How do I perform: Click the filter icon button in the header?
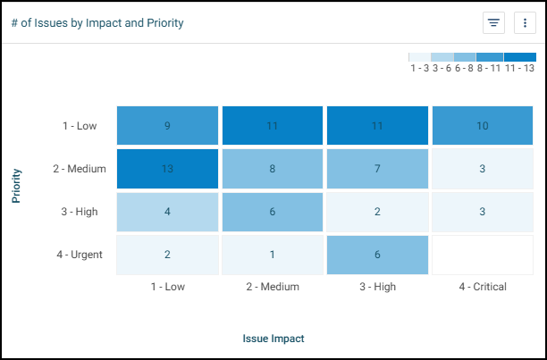pyautogui.click(x=493, y=23)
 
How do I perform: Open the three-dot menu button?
pyautogui.click(x=525, y=23)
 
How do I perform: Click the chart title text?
pyautogui.click(x=97, y=23)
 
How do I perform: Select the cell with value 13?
pyautogui.click(x=167, y=169)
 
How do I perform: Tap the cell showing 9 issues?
pyautogui.click(x=167, y=126)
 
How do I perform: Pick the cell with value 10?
pyautogui.click(x=483, y=126)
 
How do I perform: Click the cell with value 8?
pyautogui.click(x=273, y=169)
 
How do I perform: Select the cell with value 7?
pyautogui.click(x=377, y=169)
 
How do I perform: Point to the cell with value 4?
pyautogui.click(x=167, y=212)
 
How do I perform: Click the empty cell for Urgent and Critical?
pyautogui.click(x=483, y=255)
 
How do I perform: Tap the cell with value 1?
pyautogui.click(x=273, y=255)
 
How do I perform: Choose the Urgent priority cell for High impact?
pyautogui.click(x=377, y=255)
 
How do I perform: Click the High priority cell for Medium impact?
pyautogui.click(x=273, y=212)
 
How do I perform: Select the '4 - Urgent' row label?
pyautogui.click(x=80, y=255)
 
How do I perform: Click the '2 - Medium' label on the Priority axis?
pyautogui.click(x=80, y=169)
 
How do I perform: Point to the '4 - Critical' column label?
pyautogui.click(x=483, y=287)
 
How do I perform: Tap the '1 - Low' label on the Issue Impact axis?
pyautogui.click(x=167, y=287)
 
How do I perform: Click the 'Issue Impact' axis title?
pyautogui.click(x=273, y=339)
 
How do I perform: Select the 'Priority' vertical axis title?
pyautogui.click(x=17, y=186)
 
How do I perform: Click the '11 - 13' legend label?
pyautogui.click(x=520, y=68)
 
